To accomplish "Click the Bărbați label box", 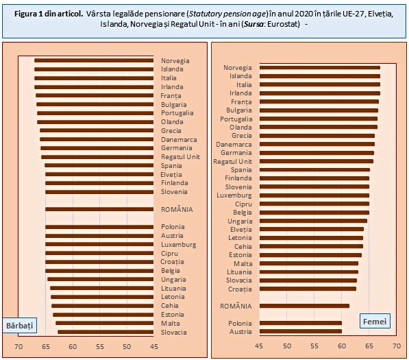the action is pyautogui.click(x=20, y=325).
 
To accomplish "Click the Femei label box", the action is pyautogui.click(x=375, y=321).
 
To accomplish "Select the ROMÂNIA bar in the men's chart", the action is pyautogui.click(x=99, y=209).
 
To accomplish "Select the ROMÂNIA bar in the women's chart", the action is pyautogui.click(x=304, y=306).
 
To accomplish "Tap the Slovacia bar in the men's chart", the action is pyautogui.click(x=106, y=332).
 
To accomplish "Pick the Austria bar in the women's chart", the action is pyautogui.click(x=301, y=331).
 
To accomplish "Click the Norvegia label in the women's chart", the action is pyautogui.click(x=237, y=68).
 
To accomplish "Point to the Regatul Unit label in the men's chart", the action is pyautogui.click(x=180, y=157).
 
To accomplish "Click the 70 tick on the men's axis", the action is pyautogui.click(x=18, y=347).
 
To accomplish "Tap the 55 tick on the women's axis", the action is pyautogui.click(x=314, y=346).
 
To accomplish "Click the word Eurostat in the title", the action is pyautogui.click(x=283, y=24).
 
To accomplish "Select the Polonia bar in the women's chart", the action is pyautogui.click(x=301, y=323).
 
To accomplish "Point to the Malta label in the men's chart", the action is pyautogui.click(x=171, y=324).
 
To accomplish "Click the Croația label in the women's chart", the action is pyautogui.click(x=240, y=289).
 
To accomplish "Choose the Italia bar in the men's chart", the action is pyautogui.click(x=94, y=78).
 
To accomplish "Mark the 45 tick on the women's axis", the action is pyautogui.click(x=259, y=346).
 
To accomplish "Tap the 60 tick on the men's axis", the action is pyautogui.click(x=73, y=347).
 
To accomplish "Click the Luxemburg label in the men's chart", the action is pyautogui.click(x=178, y=245).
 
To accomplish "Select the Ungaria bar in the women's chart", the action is pyautogui.click(x=313, y=221).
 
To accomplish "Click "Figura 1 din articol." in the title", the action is pyautogui.click(x=49, y=14).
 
